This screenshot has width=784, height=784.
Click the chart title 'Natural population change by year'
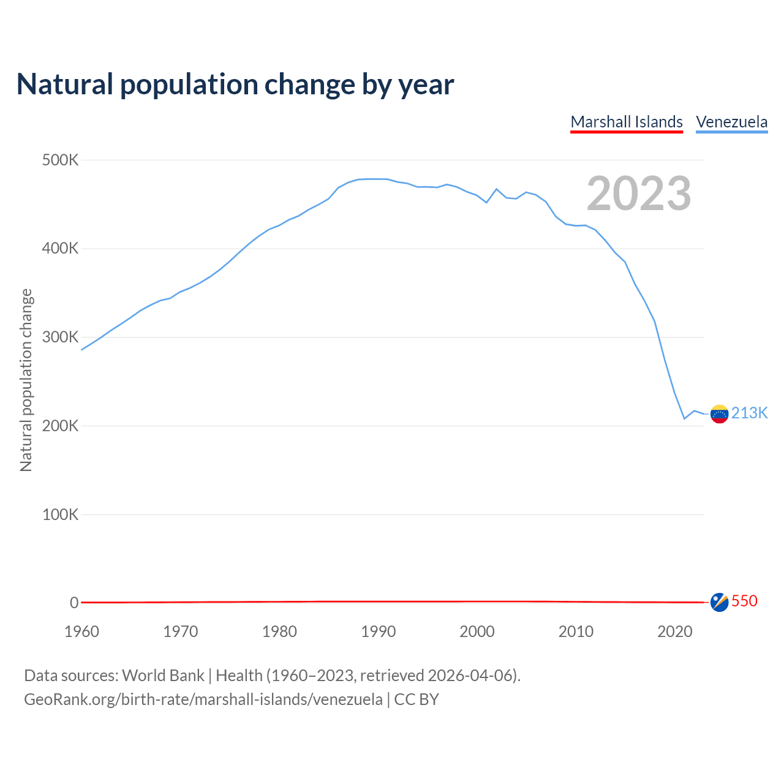tap(235, 85)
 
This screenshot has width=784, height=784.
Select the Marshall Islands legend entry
tap(626, 122)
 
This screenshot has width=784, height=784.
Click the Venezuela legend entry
tap(731, 122)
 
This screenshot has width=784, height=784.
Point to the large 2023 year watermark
tap(639, 194)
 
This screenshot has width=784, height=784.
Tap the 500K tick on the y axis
tap(61, 160)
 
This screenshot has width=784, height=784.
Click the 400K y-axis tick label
tap(61, 249)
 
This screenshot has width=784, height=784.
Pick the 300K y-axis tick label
tap(61, 337)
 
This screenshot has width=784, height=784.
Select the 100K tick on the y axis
tap(61, 514)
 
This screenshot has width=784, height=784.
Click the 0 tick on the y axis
tap(74, 603)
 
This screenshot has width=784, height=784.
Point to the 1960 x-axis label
tap(81, 631)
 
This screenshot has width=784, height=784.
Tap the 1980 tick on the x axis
tap(279, 631)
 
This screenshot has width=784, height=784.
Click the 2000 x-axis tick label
tap(477, 631)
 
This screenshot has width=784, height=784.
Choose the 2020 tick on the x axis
tap(674, 631)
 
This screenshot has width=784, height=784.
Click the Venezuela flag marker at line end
tap(719, 414)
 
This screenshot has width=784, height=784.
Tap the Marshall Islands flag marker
tap(719, 602)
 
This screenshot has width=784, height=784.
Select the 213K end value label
tap(749, 413)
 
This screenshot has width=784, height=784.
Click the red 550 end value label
tap(744, 601)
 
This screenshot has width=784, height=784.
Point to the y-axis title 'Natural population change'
tap(26, 380)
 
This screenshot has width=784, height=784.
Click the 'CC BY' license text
tap(417, 699)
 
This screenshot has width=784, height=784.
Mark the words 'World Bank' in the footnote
tap(163, 676)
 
